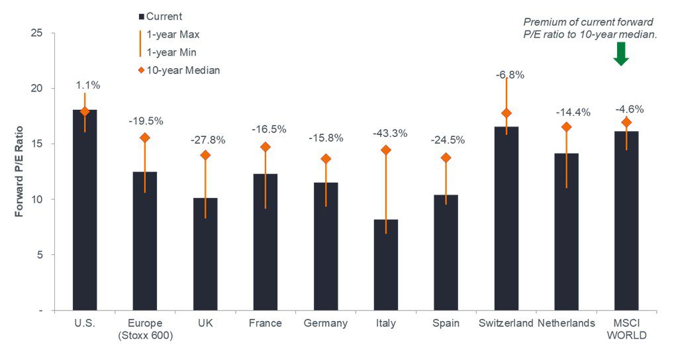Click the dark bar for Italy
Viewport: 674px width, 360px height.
click(x=385, y=265)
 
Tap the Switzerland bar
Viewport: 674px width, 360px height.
click(x=506, y=218)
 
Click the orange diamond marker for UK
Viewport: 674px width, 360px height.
click(x=205, y=156)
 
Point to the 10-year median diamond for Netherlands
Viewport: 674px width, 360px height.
click(x=566, y=126)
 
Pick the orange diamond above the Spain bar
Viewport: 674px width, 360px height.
click(x=446, y=157)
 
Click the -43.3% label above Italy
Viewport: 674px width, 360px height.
click(x=385, y=134)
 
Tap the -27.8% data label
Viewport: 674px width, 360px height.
click(x=205, y=140)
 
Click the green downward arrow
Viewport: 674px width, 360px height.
click(x=620, y=54)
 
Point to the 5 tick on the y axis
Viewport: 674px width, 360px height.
click(x=40, y=255)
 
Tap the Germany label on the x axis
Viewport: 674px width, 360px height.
click(x=325, y=323)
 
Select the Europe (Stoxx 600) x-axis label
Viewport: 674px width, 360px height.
click(x=144, y=329)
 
